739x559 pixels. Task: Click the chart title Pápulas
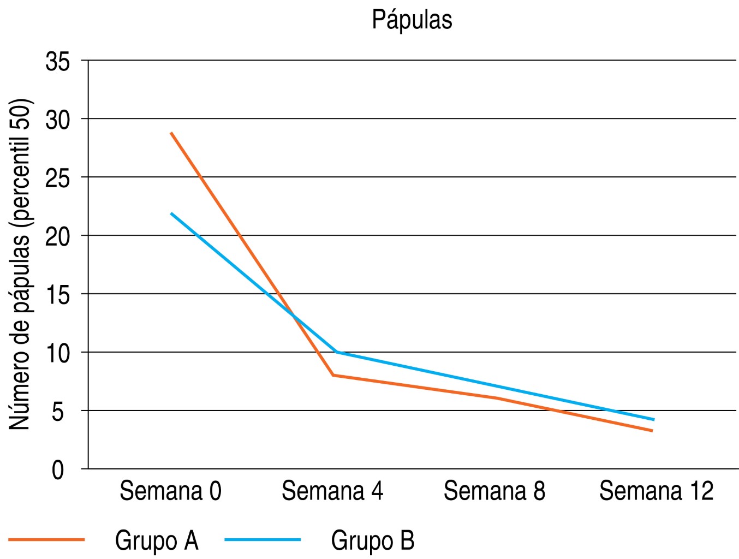coord(412,20)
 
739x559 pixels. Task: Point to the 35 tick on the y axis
coord(58,62)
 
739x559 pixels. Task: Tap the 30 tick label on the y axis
coord(58,120)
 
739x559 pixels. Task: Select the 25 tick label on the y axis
coord(58,179)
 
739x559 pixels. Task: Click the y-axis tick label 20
coord(58,237)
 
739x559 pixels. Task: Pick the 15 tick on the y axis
coord(58,295)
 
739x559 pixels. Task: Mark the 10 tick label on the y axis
coord(58,354)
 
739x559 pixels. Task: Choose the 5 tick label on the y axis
coord(58,412)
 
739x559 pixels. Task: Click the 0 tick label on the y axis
coord(58,470)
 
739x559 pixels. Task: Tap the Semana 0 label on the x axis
coord(170,491)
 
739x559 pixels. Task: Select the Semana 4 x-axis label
coord(332,491)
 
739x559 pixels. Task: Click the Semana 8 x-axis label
coord(494,491)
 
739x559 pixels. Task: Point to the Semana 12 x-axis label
coord(657,491)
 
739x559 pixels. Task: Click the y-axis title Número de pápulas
coord(21,264)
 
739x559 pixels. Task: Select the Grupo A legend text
coord(157,541)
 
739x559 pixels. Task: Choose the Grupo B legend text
coord(373,541)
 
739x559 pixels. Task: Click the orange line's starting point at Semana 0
coord(171,133)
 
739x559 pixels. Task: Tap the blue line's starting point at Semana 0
coord(171,213)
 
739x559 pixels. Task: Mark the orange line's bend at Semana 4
coord(333,375)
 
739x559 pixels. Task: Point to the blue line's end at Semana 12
coord(653,420)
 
